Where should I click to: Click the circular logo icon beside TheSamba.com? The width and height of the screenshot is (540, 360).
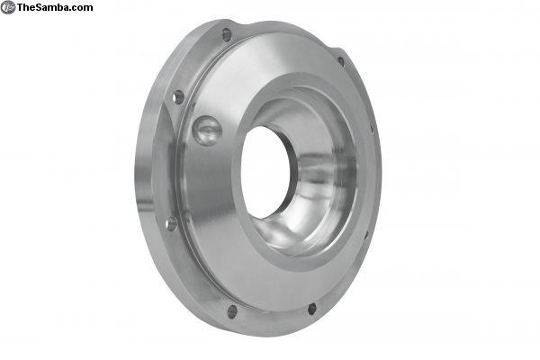pos(7,7)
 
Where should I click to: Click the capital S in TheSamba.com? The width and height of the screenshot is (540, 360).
pos(40,7)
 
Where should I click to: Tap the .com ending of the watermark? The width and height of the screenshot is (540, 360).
pos(81,8)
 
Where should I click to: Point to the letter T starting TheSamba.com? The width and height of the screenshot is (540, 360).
pos(20,7)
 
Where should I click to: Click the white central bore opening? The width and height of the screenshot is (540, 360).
pos(265,172)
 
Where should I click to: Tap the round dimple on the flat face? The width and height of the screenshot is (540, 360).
pos(207,130)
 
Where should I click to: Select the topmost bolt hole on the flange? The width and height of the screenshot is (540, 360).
pos(227,35)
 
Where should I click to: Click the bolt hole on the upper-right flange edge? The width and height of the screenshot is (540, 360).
pos(341,62)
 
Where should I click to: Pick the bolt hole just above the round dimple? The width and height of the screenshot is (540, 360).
pos(178,97)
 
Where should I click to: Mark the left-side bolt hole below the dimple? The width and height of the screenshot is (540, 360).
pos(171,224)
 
